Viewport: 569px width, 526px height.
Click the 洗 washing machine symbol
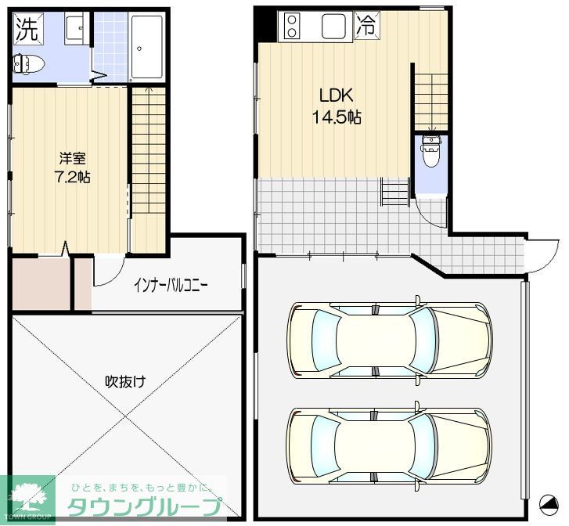click(28, 28)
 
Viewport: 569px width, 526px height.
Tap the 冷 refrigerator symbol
click(366, 25)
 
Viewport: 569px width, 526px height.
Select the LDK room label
click(336, 95)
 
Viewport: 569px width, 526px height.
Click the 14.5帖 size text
click(337, 117)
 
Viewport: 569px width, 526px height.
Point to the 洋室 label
click(72, 158)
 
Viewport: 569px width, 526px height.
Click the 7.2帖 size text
click(72, 177)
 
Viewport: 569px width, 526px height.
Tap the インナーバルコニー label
click(171, 286)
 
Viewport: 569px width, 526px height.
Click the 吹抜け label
click(125, 381)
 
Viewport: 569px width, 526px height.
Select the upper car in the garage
click(390, 340)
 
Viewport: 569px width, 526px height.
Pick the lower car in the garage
click(389, 445)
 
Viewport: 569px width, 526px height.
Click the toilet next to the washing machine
click(28, 65)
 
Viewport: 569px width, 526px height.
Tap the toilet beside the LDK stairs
click(430, 150)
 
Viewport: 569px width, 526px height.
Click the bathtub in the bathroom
click(146, 47)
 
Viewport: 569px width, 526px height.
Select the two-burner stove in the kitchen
click(291, 25)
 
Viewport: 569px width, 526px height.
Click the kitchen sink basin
click(333, 26)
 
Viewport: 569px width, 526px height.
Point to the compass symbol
click(549, 504)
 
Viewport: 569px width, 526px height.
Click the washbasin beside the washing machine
click(77, 28)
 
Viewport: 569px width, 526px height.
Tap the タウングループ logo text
click(145, 506)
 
